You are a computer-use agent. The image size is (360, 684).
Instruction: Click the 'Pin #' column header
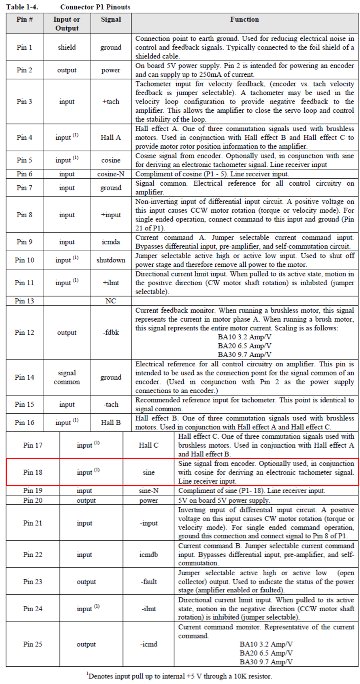24,19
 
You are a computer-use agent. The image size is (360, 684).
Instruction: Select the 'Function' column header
244,19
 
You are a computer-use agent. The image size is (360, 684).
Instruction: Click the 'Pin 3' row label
24,102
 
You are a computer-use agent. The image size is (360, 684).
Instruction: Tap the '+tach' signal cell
111,102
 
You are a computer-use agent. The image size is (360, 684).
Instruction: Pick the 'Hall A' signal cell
111,137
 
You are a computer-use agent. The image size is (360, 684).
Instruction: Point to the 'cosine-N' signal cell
111,174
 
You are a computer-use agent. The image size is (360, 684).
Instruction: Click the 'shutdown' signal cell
111,260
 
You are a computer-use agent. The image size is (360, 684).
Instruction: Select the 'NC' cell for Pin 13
111,301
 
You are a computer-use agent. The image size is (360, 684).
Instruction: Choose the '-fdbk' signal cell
111,332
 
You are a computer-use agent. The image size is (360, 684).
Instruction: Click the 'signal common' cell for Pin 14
67,377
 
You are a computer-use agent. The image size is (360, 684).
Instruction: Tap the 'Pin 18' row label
33,472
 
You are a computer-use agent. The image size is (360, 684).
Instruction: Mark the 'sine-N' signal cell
149,490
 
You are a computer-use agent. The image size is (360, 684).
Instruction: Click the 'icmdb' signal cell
149,555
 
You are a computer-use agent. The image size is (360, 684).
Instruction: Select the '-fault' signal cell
149,582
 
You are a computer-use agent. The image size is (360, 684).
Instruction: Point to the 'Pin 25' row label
33,644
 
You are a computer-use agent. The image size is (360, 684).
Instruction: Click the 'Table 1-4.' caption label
22,7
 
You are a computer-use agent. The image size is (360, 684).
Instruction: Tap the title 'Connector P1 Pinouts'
95,7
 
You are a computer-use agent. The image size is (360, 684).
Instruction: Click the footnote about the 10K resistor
180,676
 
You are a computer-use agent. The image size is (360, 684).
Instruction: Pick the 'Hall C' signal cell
149,445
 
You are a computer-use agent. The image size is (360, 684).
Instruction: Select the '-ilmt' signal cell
149,608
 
